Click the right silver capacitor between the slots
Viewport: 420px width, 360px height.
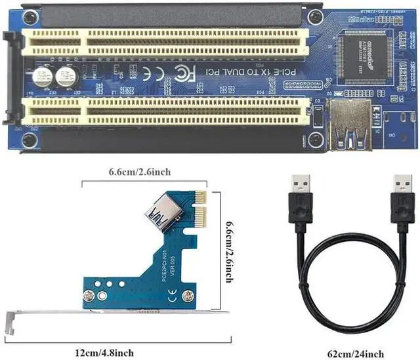[66, 76]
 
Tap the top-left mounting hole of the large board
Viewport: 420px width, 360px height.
[30, 16]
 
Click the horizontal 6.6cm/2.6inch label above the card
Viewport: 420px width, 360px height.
[140, 172]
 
